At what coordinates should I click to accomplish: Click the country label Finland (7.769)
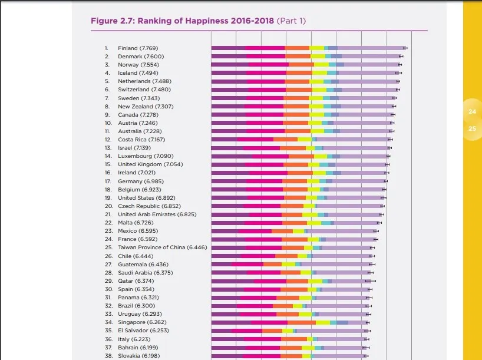point(138,48)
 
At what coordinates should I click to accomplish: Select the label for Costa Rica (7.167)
point(141,140)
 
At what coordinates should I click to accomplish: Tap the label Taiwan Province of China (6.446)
point(162,247)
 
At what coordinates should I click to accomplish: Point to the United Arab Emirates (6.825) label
point(157,214)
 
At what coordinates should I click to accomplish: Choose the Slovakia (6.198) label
point(138,356)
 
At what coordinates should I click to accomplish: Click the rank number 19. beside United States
point(108,198)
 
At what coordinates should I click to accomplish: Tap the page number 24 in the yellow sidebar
point(472,112)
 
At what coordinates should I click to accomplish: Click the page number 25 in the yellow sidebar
point(472,128)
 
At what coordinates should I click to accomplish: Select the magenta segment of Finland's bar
point(265,48)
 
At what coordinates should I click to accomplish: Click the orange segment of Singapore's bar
point(301,323)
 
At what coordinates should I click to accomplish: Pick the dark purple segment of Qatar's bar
point(232,281)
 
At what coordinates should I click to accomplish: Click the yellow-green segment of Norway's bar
point(321,64)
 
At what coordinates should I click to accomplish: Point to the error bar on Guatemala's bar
point(372,265)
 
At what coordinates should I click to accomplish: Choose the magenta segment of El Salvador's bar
point(246,331)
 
